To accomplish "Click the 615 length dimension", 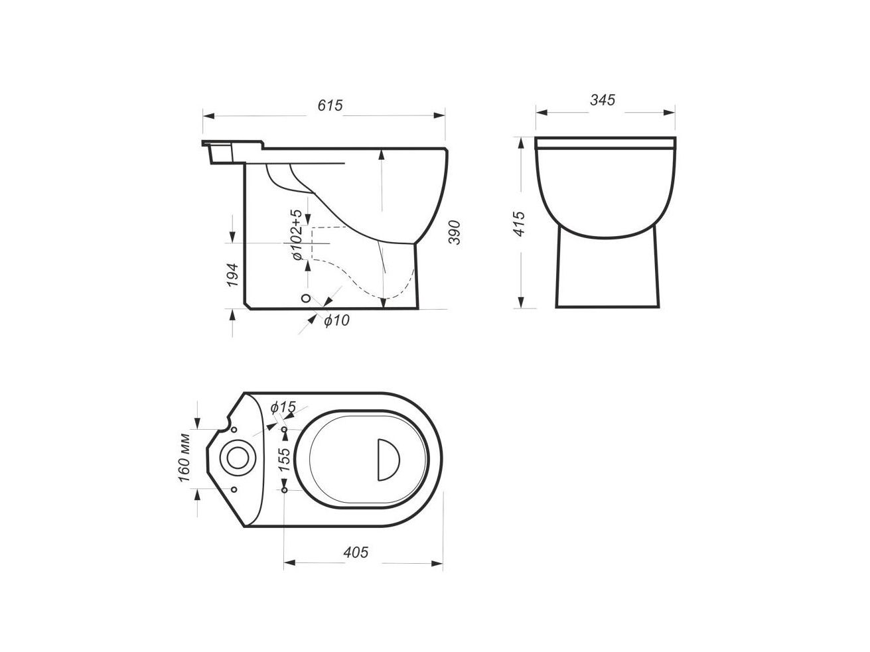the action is point(330,105).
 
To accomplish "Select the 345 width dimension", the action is point(603,99).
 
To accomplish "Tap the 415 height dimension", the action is point(519,224).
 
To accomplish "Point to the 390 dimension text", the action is point(455,233).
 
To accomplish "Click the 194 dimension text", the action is point(232,275).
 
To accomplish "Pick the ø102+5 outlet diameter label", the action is point(297,235).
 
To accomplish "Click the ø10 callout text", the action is point(336,320).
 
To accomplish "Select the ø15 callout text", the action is point(283,407).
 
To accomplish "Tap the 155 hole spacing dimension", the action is point(284,459).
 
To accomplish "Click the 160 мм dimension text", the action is point(184,458).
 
